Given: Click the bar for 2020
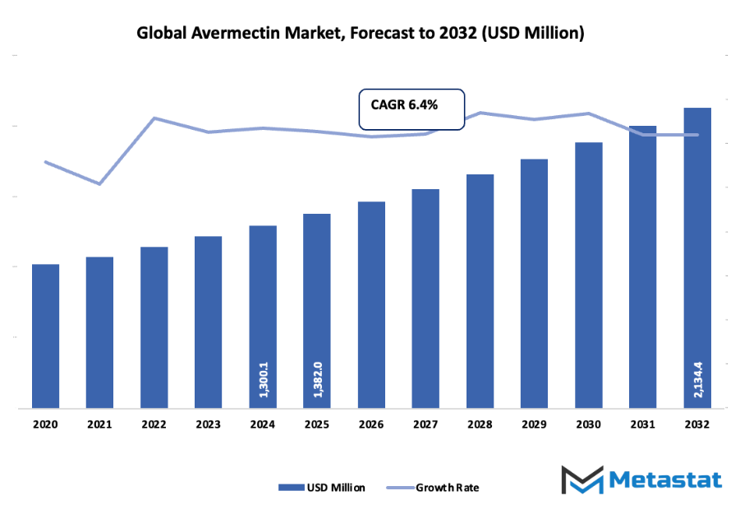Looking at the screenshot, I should pos(46,336).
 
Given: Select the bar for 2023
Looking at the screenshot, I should pos(208,322).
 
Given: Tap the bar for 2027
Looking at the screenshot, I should pos(425,298).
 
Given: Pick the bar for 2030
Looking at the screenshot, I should pos(588,275).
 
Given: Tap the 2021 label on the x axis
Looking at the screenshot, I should pos(100,424).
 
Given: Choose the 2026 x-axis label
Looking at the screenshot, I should pos(371,424).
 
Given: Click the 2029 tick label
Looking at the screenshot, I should pos(534,424).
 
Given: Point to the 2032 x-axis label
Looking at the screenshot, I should pos(697,424).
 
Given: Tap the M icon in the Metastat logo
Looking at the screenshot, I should pos(582,480).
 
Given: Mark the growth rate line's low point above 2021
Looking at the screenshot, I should pos(99,183).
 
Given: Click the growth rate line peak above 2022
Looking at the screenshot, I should pos(154,118).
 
